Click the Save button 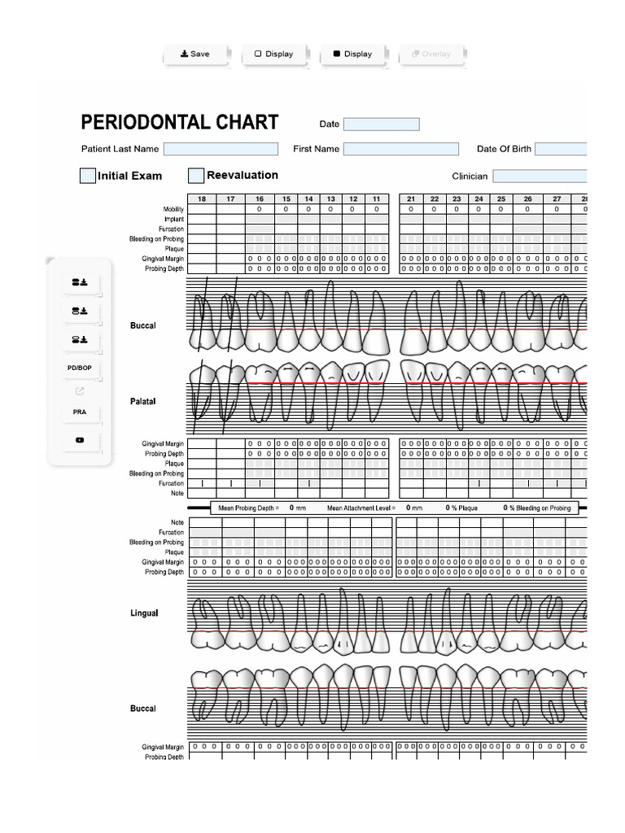(x=195, y=54)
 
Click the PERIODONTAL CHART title (x=179, y=123)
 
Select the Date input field (x=381, y=124)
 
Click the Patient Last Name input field (x=221, y=149)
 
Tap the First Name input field (x=400, y=149)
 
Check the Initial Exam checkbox (x=88, y=176)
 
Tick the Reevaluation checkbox (x=196, y=176)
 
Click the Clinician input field (x=540, y=176)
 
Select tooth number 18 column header (x=202, y=199)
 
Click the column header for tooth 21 (x=411, y=199)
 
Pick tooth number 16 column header (x=260, y=199)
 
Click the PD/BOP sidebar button (x=80, y=369)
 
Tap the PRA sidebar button (x=80, y=412)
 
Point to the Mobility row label (x=173, y=210)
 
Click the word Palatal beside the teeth (x=142, y=401)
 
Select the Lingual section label (x=144, y=613)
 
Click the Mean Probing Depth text (x=249, y=508)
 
